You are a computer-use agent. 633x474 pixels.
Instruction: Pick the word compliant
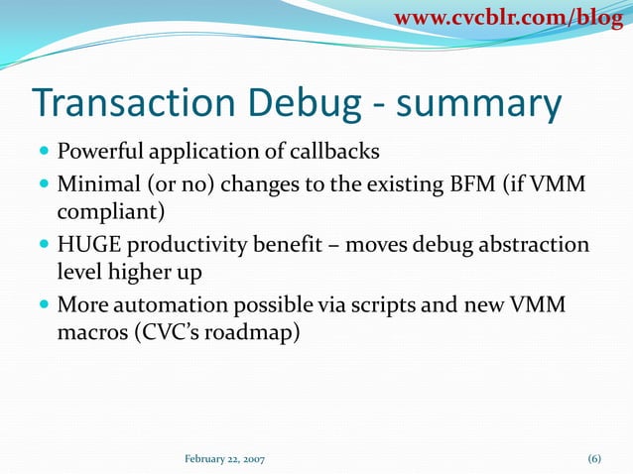pos(104,212)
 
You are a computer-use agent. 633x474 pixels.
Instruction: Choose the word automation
pos(170,304)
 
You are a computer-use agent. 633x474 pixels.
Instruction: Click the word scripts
pos(369,304)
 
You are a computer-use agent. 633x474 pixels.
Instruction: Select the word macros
pos(91,333)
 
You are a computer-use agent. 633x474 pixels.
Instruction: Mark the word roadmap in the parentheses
pos(247,333)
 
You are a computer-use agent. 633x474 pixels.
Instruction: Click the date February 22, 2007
pos(225,458)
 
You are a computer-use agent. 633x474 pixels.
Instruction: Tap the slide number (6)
pos(594,458)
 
